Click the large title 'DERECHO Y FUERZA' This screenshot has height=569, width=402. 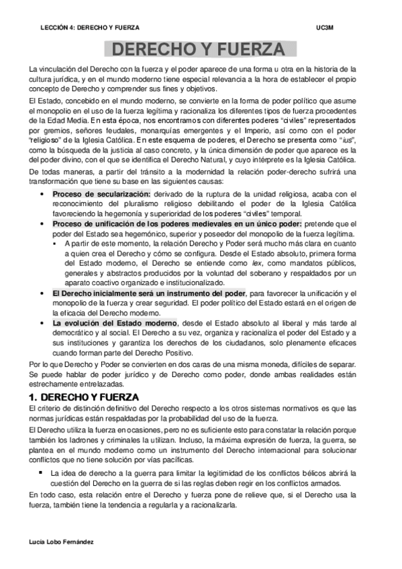[x=201, y=50]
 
